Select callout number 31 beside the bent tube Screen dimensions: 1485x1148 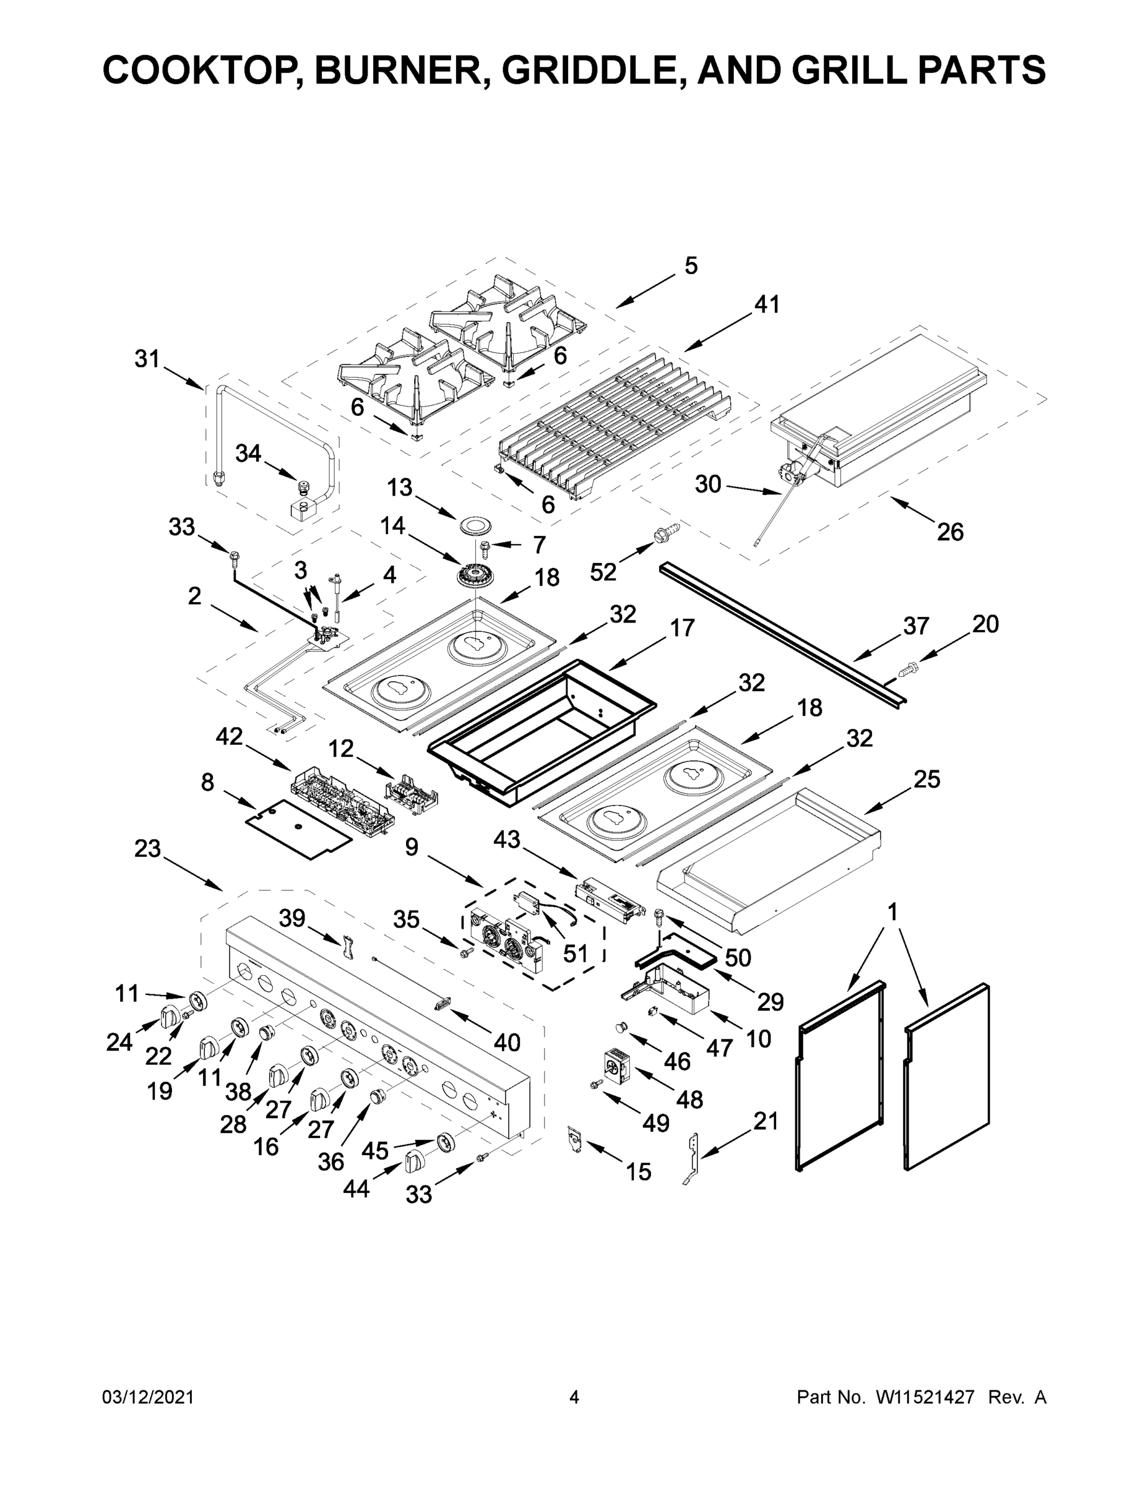pos(147,358)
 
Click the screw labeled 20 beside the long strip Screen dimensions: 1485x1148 pos(907,669)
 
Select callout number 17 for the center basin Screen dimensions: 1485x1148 pos(682,627)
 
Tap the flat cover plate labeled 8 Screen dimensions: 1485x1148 pos(298,828)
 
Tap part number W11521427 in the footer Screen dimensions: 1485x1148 pos(925,1398)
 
